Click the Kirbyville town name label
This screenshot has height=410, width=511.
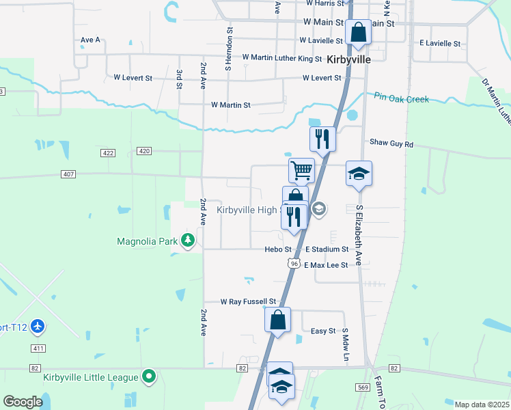pyautogui.click(x=348, y=59)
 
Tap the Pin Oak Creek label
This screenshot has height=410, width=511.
pyautogui.click(x=402, y=99)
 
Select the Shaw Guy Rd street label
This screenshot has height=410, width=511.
pyautogui.click(x=391, y=143)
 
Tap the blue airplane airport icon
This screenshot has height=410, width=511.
pyautogui.click(x=38, y=327)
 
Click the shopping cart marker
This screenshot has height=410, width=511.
pyautogui.click(x=301, y=169)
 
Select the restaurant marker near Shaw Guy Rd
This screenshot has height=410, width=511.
pyautogui.click(x=322, y=139)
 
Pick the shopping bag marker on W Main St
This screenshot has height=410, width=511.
pyautogui.click(x=358, y=32)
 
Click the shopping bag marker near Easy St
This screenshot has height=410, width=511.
pyautogui.click(x=277, y=320)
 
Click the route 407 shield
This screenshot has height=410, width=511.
pyautogui.click(x=68, y=174)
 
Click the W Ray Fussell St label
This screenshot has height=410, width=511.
pyautogui.click(x=248, y=301)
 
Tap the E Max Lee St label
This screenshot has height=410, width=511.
pyautogui.click(x=326, y=264)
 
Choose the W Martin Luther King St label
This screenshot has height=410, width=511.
pyautogui.click(x=281, y=59)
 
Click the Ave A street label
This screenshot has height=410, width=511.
pyautogui.click(x=90, y=40)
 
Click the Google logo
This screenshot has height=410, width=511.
pyautogui.click(x=23, y=402)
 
